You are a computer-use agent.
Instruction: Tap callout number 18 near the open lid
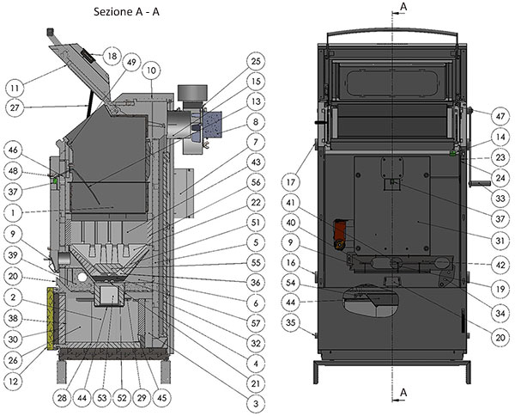(x=112, y=56)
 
